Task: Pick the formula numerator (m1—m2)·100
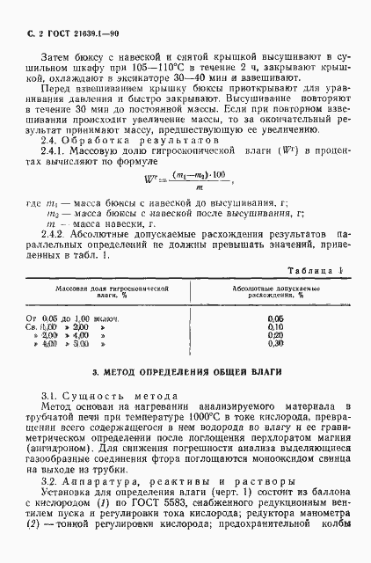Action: pyautogui.click(x=190, y=201)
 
